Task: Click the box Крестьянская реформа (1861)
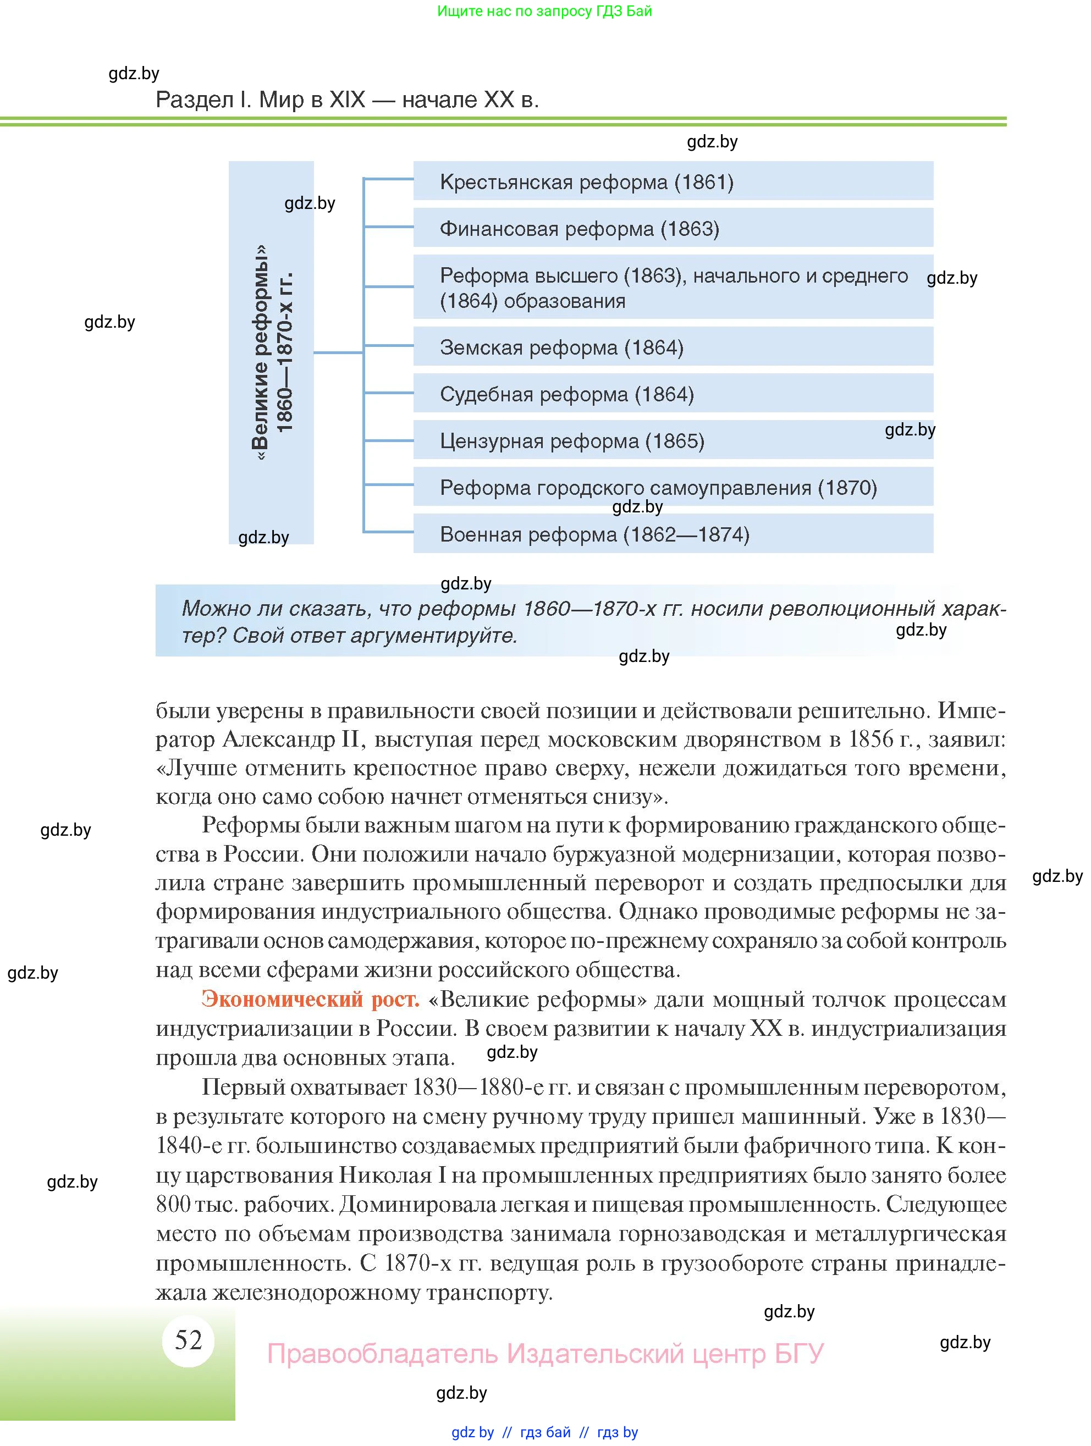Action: pyautogui.click(x=673, y=181)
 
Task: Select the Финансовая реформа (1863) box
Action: pyautogui.click(x=673, y=228)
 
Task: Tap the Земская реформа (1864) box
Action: pyautogui.click(x=673, y=347)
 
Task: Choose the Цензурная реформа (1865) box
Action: pyautogui.click(x=673, y=440)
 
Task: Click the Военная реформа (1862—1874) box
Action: pyautogui.click(x=673, y=534)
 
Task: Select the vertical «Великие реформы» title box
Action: pyautogui.click(x=271, y=352)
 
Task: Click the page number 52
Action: pyautogui.click(x=188, y=1339)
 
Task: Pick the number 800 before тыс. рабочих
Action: pyautogui.click(x=173, y=1204)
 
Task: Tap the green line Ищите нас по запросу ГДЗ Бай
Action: pyautogui.click(x=544, y=11)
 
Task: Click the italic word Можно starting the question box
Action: pyautogui.click(x=215, y=609)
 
